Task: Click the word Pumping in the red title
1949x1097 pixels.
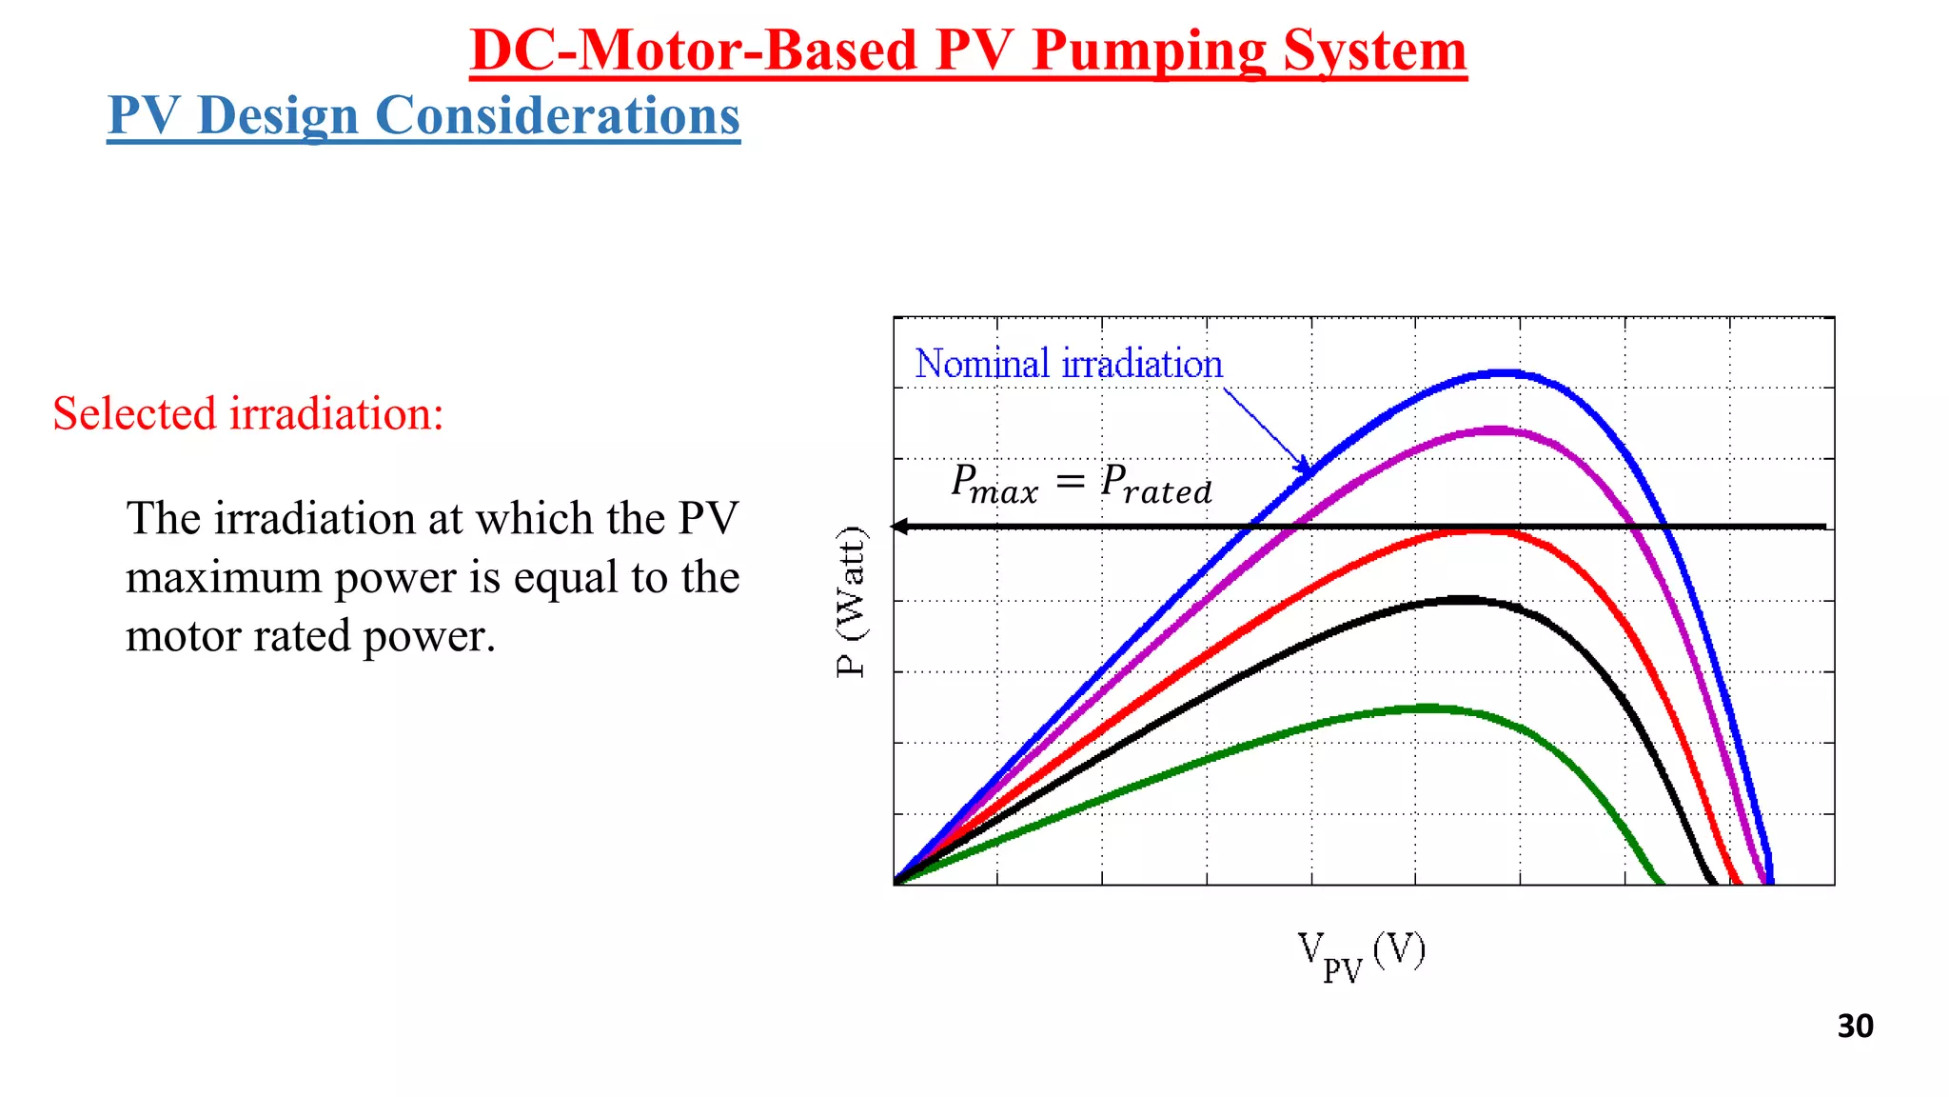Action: pos(1150,51)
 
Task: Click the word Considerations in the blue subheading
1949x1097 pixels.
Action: pos(557,116)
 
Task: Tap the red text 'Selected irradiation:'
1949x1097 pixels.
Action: pos(248,414)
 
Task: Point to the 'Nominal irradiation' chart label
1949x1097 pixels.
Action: pos(1068,365)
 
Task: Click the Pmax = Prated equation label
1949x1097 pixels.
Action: pos(1081,485)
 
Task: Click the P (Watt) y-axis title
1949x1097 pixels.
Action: pos(852,602)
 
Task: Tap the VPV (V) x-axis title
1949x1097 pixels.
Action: pos(1361,955)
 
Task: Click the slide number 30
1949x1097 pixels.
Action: pos(1855,1027)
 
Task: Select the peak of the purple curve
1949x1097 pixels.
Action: pos(1497,430)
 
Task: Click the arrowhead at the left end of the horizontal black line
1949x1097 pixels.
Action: pos(899,526)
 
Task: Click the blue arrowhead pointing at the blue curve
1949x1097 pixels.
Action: pos(1304,466)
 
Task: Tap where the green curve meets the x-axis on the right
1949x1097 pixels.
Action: pos(1661,882)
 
